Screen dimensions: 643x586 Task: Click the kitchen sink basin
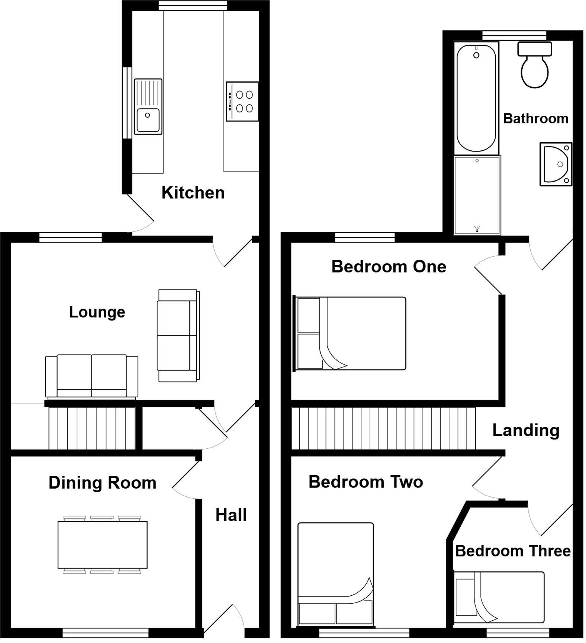(148, 120)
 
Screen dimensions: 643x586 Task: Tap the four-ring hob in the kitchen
(242, 101)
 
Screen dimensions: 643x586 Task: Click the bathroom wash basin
(556, 164)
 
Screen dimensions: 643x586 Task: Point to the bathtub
(476, 98)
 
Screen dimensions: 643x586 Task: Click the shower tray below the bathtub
(477, 195)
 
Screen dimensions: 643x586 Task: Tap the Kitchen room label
(193, 193)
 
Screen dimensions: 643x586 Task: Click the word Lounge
(97, 312)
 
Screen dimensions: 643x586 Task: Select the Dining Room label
(102, 483)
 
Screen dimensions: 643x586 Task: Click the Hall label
(231, 515)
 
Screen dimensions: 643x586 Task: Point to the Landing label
(525, 430)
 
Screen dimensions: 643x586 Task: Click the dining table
(102, 544)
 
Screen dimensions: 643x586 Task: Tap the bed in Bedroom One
(350, 333)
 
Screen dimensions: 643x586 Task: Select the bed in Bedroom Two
(335, 573)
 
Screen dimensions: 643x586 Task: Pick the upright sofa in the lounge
(178, 336)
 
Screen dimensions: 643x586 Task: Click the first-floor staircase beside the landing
(383, 428)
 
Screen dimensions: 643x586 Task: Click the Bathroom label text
(535, 119)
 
